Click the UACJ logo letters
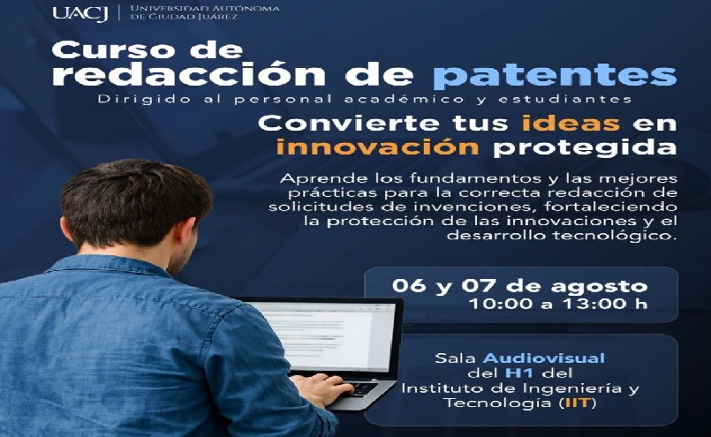pos(80,13)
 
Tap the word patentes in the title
pos(555,75)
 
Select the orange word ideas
pos(571,123)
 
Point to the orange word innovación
pos(377,147)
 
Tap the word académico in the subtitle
pos(404,99)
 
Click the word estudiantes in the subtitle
pos(564,99)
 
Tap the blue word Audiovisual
pos(544,358)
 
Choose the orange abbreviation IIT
pos(578,403)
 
